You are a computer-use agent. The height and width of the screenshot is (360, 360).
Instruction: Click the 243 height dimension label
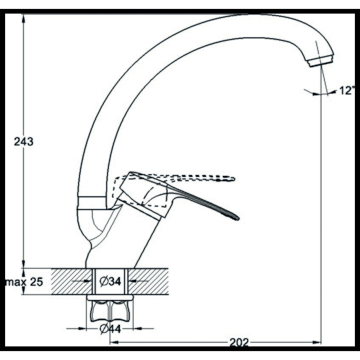pos(24,142)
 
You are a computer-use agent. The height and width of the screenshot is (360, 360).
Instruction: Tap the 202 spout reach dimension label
pos(239,343)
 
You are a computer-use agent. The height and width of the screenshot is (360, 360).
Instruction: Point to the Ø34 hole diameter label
pos(111,281)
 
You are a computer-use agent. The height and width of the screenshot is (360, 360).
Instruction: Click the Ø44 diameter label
pos(110,329)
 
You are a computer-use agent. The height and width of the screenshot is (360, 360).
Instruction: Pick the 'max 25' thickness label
pos(24,282)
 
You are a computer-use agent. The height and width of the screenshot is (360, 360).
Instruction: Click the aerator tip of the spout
pos(321,61)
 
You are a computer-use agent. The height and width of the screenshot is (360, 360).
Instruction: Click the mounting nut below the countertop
pos(110,311)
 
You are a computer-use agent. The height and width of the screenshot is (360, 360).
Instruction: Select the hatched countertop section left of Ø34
pos(72,281)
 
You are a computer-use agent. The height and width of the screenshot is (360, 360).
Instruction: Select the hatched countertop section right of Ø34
pos(148,281)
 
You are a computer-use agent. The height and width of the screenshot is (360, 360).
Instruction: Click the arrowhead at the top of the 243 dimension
pos(23,18)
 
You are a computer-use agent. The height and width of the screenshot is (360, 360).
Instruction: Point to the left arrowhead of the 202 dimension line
pos(114,343)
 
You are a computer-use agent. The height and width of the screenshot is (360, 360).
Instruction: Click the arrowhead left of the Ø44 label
pos(82,329)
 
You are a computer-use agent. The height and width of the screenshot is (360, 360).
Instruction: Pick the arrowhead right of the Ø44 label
pos(137,329)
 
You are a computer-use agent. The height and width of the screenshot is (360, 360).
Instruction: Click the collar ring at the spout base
pos(92,201)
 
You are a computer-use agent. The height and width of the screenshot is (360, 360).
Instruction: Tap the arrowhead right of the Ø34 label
pos(133,281)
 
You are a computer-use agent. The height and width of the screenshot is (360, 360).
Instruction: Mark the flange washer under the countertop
pos(110,298)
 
